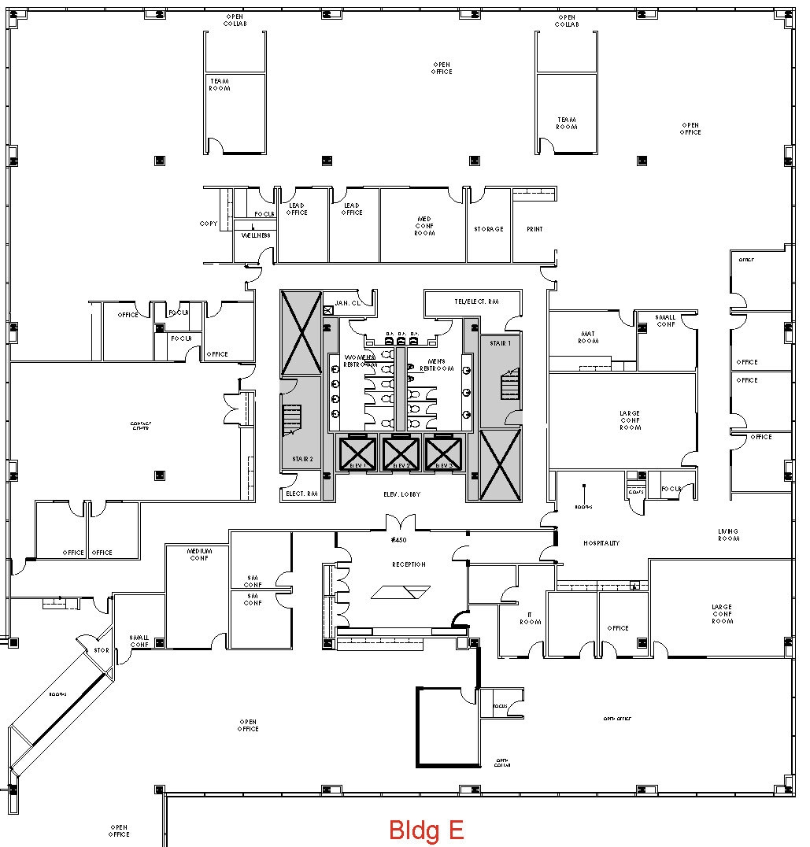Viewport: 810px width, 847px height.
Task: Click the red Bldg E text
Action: pos(426,830)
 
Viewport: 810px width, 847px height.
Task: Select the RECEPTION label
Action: pos(409,564)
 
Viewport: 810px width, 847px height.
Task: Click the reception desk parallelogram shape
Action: pos(401,593)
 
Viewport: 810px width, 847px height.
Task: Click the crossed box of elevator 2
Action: pos(400,453)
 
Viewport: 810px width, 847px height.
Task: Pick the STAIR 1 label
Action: pos(500,344)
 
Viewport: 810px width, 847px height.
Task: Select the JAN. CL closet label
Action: pos(346,303)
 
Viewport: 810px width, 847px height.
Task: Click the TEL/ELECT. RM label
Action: pos(476,301)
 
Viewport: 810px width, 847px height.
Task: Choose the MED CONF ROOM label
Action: pos(425,226)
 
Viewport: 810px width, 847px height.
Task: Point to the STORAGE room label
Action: pos(488,229)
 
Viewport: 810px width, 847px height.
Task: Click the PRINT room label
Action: pos(534,229)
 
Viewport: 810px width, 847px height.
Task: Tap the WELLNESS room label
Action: pos(256,235)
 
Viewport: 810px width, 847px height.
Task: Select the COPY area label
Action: pos(209,224)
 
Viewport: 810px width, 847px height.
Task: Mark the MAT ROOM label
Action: pos(588,338)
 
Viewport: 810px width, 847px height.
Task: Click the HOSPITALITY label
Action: pos(601,543)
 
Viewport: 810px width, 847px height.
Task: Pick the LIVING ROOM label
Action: pos(728,534)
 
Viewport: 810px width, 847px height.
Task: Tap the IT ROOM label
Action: pos(530,618)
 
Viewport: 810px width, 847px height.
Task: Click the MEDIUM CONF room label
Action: pos(199,554)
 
